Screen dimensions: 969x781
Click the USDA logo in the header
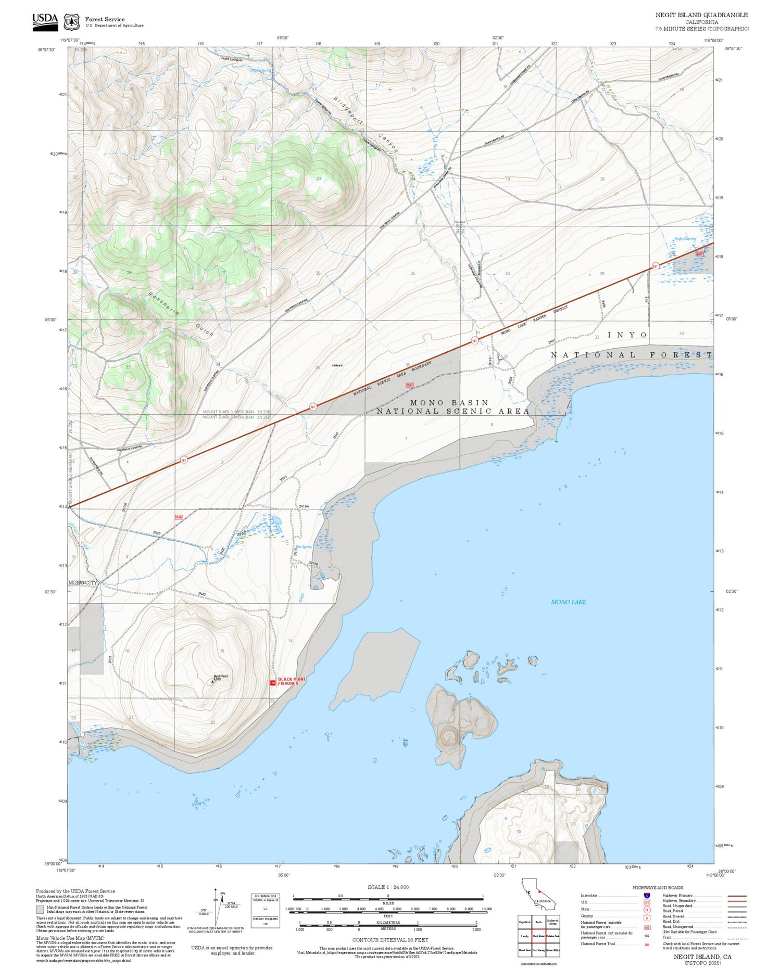(45, 21)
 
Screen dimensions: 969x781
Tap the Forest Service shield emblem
(71, 22)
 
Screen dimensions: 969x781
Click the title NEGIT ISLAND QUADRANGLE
(701, 15)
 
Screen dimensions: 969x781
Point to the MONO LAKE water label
(568, 602)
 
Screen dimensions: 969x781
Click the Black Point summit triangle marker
(212, 681)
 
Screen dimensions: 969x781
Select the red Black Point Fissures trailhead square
(273, 682)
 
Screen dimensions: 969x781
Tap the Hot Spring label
(304, 547)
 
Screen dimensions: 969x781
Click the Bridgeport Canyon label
(366, 124)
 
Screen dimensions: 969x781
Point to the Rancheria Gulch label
(180, 314)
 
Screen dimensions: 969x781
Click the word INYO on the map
(627, 335)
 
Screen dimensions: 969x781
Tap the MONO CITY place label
(83, 582)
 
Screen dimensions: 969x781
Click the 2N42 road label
(201, 594)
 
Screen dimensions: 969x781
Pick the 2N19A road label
(304, 506)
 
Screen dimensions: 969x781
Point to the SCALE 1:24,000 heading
(388, 887)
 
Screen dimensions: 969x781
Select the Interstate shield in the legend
(647, 896)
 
